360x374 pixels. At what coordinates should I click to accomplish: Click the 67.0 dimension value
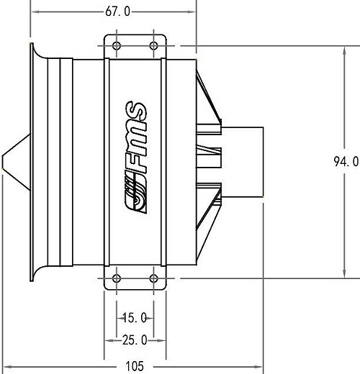pyautogui.click(x=118, y=12)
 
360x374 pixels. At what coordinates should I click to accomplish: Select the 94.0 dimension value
pyautogui.click(x=346, y=161)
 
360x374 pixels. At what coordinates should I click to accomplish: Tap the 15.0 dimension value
pyautogui.click(x=135, y=318)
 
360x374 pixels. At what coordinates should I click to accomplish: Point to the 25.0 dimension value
pyautogui.click(x=135, y=340)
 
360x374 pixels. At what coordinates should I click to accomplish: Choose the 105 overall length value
pyautogui.click(x=135, y=366)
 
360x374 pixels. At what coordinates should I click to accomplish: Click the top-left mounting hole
pyautogui.click(x=117, y=45)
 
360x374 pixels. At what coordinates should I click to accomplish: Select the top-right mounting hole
pyautogui.click(x=153, y=45)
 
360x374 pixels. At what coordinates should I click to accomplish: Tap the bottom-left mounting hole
pyautogui.click(x=117, y=278)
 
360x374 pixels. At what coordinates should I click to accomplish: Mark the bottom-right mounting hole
pyautogui.click(x=153, y=278)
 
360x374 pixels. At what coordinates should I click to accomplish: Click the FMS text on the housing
pyautogui.click(x=135, y=137)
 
